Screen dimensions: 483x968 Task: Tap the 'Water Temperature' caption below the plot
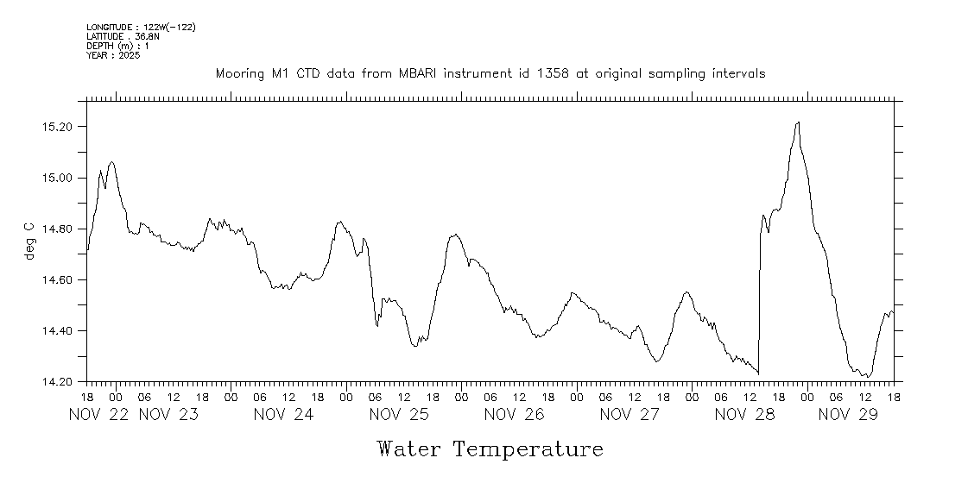(x=490, y=449)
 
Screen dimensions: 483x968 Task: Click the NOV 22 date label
(x=99, y=414)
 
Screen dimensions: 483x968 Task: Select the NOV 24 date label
(x=284, y=414)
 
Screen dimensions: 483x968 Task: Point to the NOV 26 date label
(x=515, y=414)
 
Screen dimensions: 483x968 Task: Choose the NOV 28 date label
(x=745, y=414)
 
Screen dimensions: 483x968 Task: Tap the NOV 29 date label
(x=848, y=414)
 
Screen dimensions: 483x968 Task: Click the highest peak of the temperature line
(x=799, y=122)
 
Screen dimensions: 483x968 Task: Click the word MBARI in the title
(x=419, y=74)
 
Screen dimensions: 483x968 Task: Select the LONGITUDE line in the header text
(x=141, y=28)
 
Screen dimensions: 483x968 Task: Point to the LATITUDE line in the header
(x=122, y=37)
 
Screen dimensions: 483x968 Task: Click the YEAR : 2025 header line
(x=112, y=55)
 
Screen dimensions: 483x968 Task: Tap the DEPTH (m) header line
(x=117, y=46)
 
